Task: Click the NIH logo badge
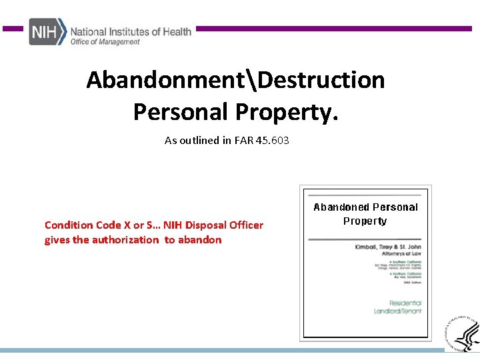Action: click(47, 31)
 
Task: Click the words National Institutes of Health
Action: click(131, 31)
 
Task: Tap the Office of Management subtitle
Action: click(105, 42)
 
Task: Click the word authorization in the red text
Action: click(125, 240)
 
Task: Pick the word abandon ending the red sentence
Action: click(199, 240)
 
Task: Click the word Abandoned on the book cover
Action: click(338, 207)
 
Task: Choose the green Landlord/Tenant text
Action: click(397, 311)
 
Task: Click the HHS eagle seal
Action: click(462, 332)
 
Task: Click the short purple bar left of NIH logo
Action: click(13, 29)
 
